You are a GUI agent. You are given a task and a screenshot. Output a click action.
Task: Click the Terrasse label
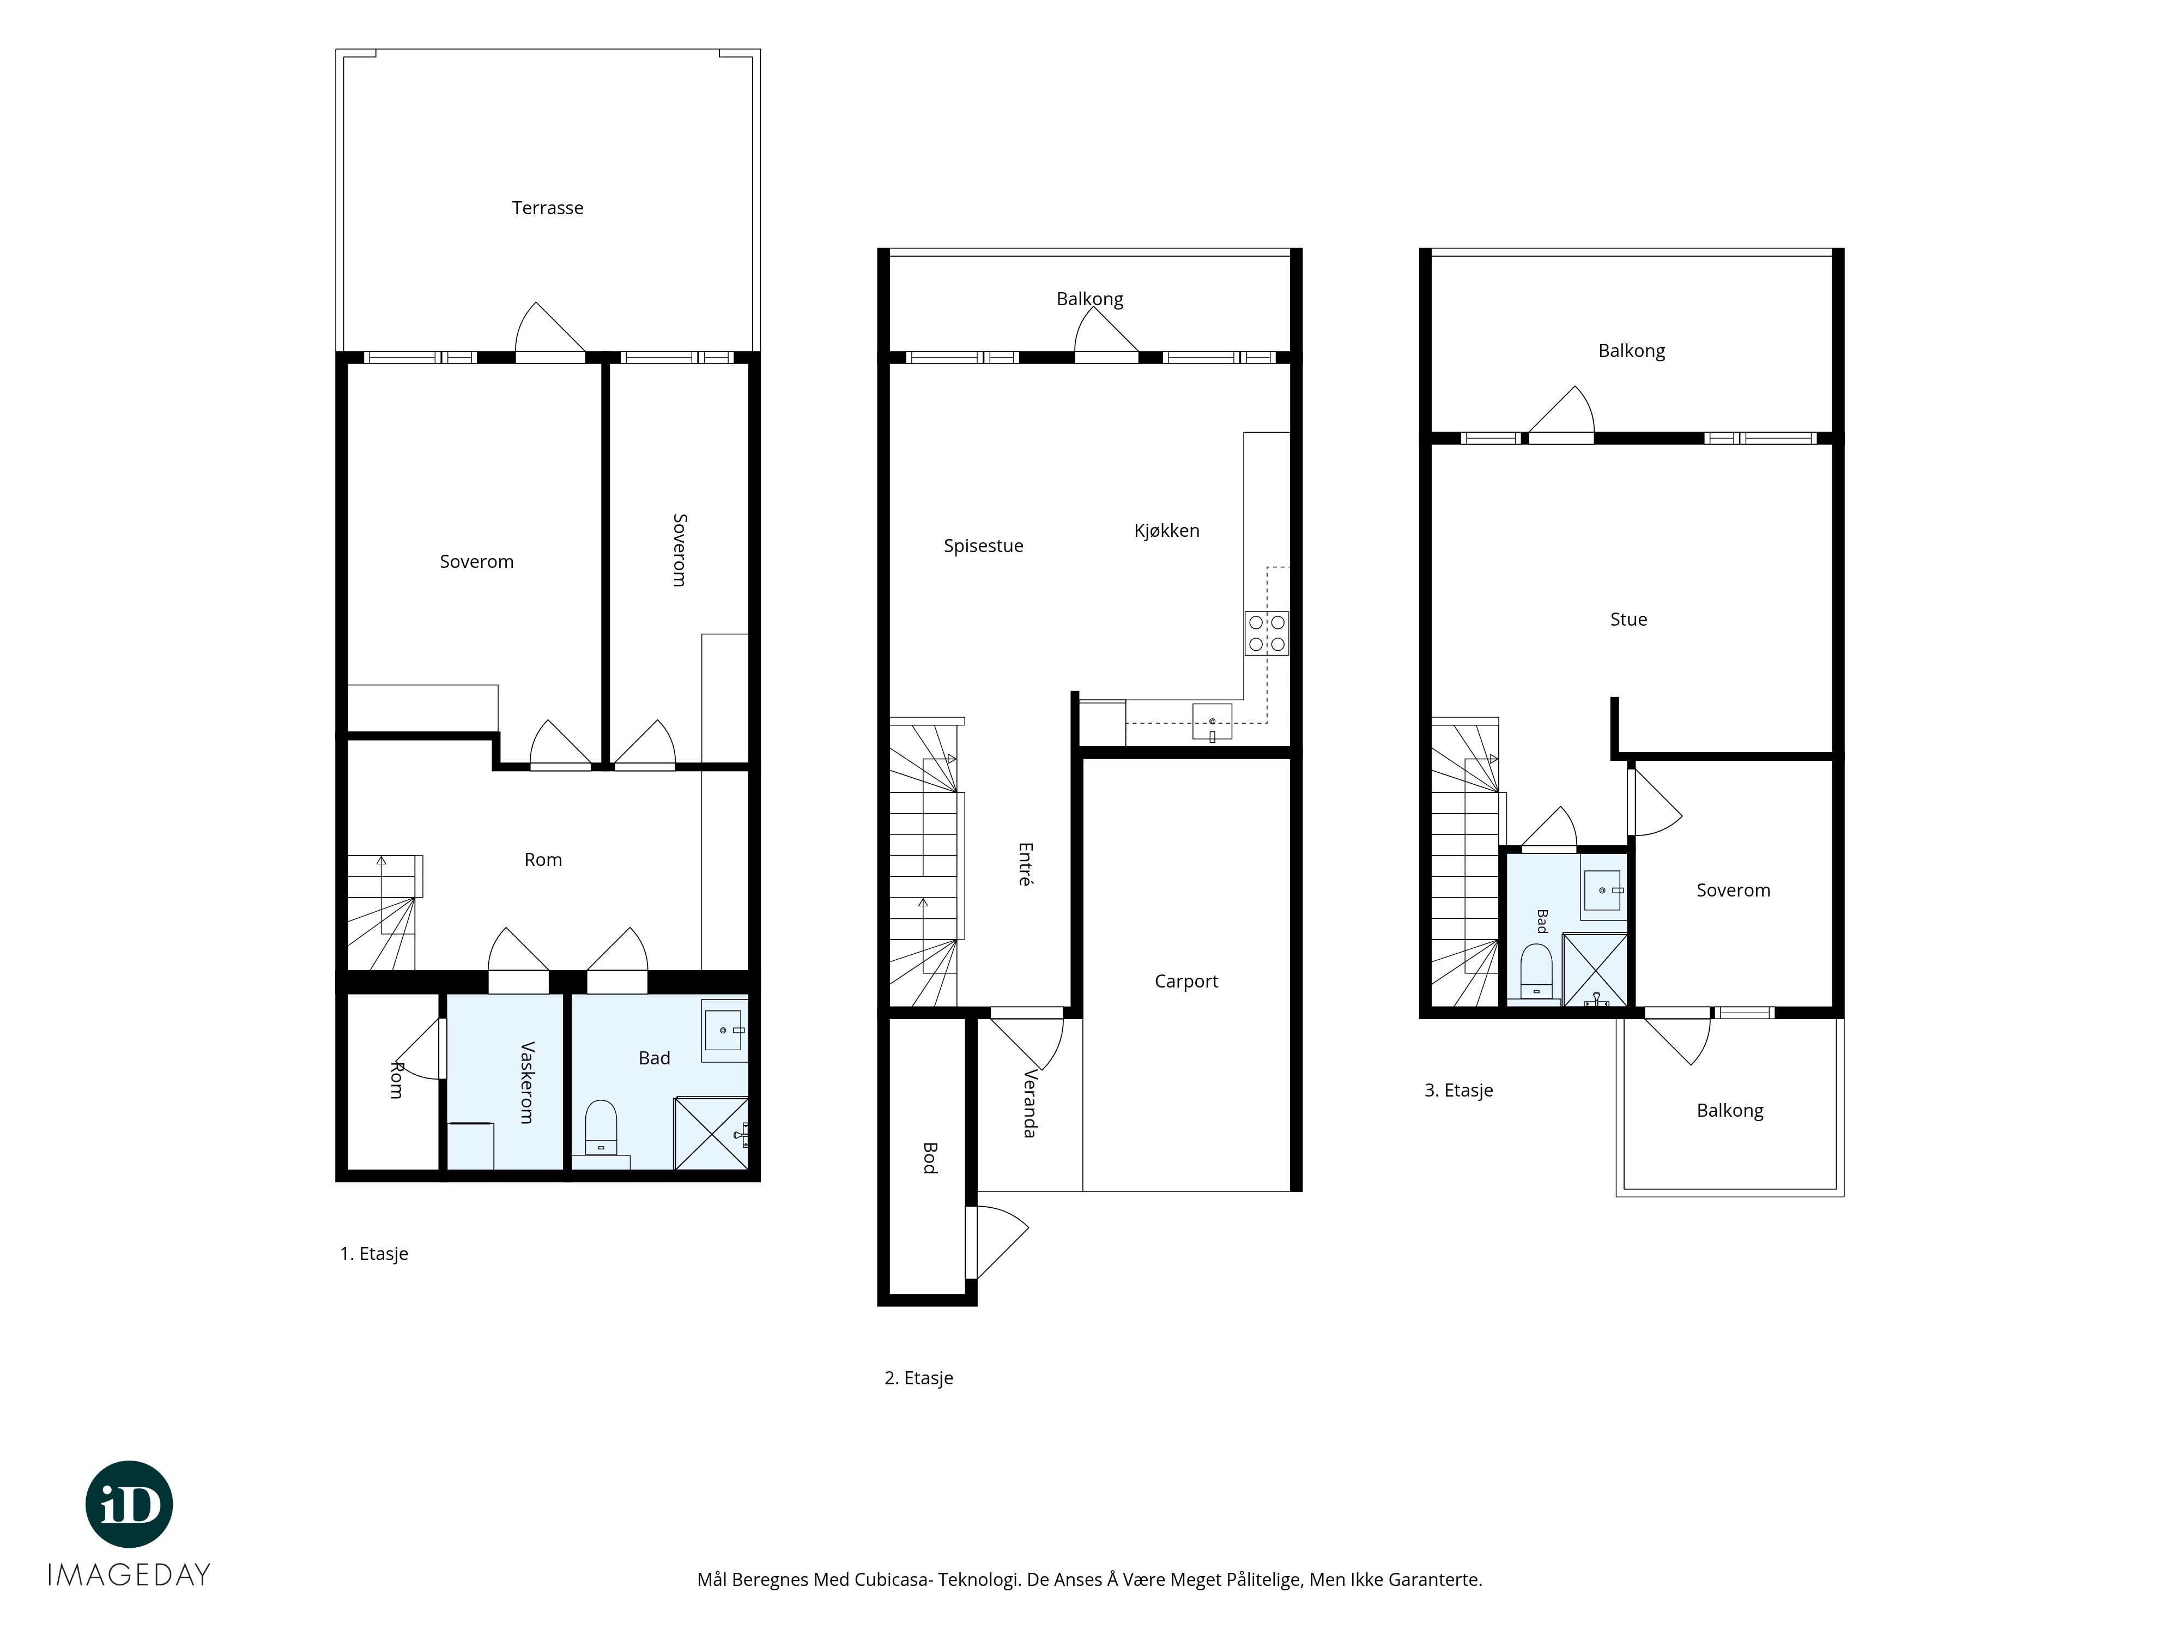(x=547, y=208)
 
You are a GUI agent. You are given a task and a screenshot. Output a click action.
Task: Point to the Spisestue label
(x=984, y=546)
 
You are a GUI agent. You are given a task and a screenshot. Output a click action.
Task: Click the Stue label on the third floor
(x=1628, y=619)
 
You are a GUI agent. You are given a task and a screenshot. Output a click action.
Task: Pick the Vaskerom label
(x=526, y=1082)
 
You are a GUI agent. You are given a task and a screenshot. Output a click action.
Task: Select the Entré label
(x=1025, y=864)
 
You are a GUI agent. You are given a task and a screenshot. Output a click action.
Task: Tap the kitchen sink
(x=1212, y=722)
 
